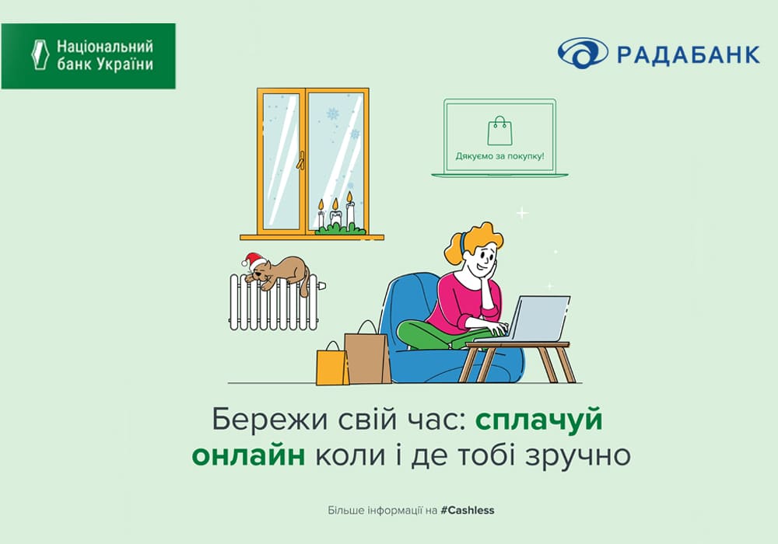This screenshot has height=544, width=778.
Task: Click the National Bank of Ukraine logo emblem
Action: tap(40, 54)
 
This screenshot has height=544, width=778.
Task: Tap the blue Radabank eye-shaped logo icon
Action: tap(583, 53)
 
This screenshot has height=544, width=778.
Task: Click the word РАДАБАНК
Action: tap(689, 54)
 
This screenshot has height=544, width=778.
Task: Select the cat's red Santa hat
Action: tap(253, 261)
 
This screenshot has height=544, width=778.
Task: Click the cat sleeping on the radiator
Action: tap(280, 274)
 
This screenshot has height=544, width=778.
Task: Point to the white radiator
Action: tap(274, 302)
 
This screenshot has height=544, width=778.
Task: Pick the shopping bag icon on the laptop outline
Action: tap(499, 131)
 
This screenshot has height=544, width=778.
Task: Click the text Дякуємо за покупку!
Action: tap(499, 156)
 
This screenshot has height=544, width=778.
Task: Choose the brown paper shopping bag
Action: tap(367, 355)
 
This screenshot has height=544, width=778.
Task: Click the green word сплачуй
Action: tap(539, 420)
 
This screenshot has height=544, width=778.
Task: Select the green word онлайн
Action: tap(249, 455)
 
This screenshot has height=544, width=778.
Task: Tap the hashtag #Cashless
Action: tap(468, 510)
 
